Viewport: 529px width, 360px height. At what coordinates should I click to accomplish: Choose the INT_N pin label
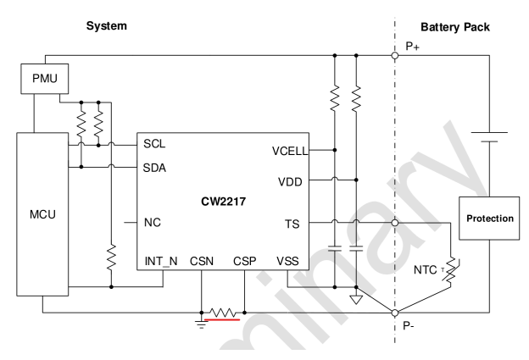(163, 260)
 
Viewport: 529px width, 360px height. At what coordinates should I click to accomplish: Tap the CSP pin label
(243, 260)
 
